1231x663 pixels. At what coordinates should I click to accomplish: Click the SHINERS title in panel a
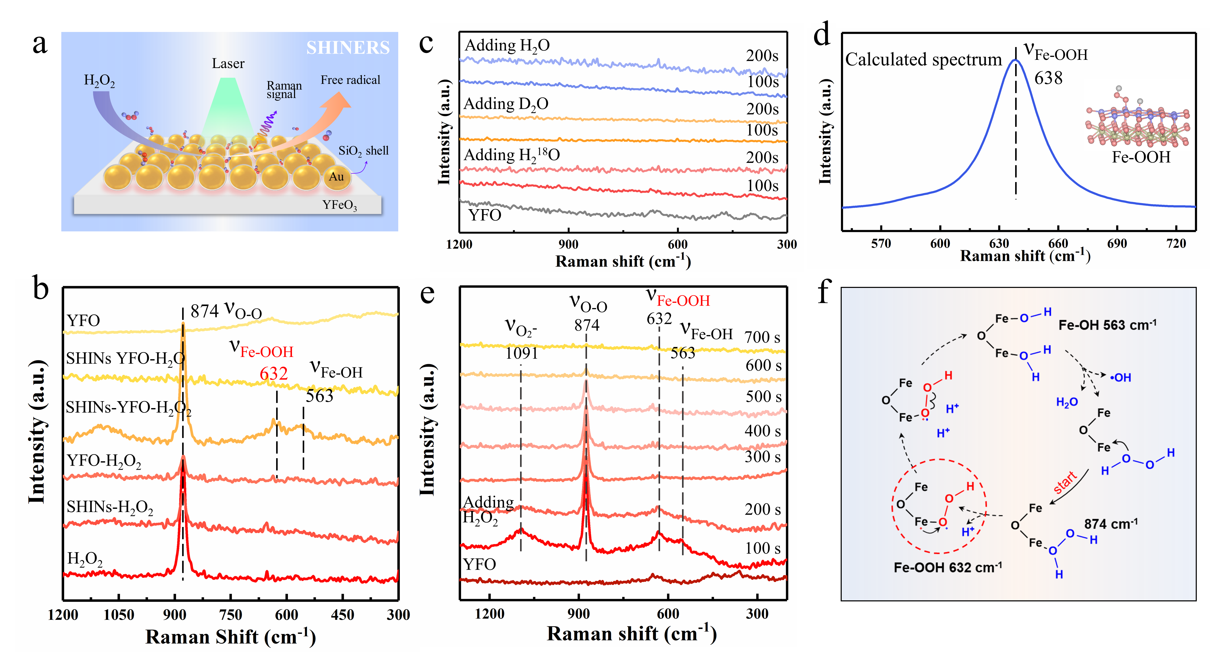(x=348, y=48)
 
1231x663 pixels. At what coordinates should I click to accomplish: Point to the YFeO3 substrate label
(x=339, y=205)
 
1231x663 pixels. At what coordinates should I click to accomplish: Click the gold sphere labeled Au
(x=336, y=177)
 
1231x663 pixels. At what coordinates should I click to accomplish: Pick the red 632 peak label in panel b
(x=274, y=374)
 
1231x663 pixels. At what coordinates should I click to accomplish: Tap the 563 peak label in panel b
(x=319, y=396)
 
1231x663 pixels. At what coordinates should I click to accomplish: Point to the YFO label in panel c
(x=485, y=215)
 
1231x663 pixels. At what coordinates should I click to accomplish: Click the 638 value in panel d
(x=1048, y=78)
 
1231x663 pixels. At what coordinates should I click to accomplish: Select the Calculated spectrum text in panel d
(x=923, y=60)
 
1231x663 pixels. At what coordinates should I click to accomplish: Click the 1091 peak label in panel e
(x=521, y=354)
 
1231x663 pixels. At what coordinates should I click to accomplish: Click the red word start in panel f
(x=1065, y=482)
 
